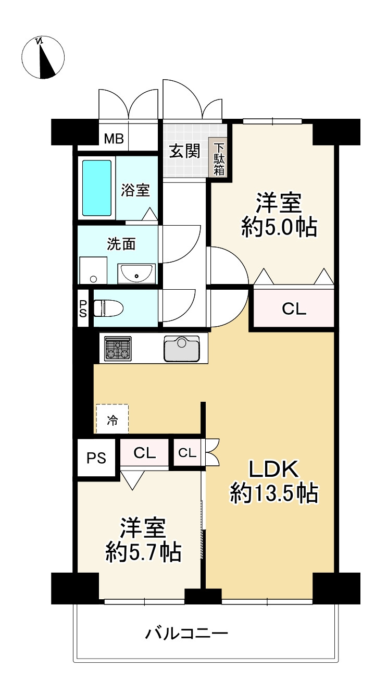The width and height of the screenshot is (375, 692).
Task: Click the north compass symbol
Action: [x=43, y=57]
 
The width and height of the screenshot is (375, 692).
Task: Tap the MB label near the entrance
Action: [x=114, y=139]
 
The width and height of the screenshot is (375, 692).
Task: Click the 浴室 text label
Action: [x=136, y=191]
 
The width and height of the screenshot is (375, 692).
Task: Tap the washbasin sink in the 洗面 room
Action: [x=136, y=274]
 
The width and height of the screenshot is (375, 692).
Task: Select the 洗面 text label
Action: [x=121, y=244]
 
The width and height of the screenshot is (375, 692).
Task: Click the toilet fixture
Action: [x=108, y=308]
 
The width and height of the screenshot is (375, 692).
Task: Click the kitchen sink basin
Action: [x=181, y=348]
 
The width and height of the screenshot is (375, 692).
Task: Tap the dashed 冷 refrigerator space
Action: [x=112, y=418]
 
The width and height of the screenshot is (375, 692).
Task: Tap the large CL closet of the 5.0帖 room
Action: [x=294, y=309]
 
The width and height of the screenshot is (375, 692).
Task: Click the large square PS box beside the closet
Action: [x=96, y=458]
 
